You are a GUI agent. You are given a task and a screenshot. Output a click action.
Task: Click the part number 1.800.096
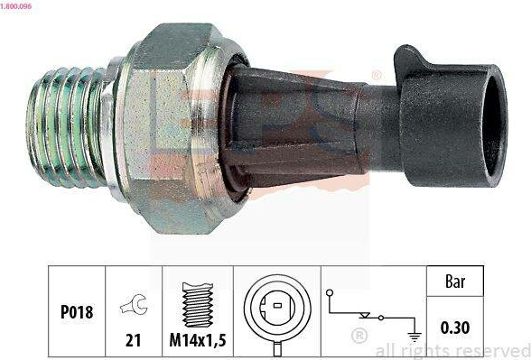pyautogui.click(x=16, y=6)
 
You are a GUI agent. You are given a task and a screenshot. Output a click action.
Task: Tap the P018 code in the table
pyautogui.click(x=77, y=312)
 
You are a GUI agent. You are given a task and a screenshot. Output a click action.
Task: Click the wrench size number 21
pyautogui.click(x=133, y=340)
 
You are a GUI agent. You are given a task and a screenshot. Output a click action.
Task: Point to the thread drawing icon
pyautogui.click(x=198, y=305)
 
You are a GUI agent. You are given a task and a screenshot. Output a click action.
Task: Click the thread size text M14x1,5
pyautogui.click(x=198, y=339)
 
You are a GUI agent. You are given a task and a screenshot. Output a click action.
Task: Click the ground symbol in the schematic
pyautogui.click(x=415, y=337)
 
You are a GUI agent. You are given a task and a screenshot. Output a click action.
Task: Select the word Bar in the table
pyautogui.click(x=455, y=282)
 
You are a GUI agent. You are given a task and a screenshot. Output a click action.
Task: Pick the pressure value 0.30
pyautogui.click(x=455, y=328)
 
